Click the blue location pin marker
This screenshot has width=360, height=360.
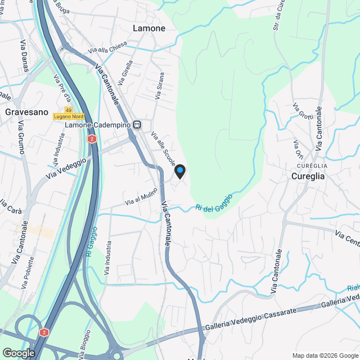point(179,171)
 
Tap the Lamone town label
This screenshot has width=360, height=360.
point(149,28)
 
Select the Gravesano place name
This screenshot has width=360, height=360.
point(24,112)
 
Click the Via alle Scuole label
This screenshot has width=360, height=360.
point(163,149)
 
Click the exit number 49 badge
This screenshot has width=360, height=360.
point(69,110)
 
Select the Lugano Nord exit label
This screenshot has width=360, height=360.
point(69,116)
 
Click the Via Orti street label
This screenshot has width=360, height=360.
point(298,148)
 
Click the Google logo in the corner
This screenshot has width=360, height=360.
point(19,353)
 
